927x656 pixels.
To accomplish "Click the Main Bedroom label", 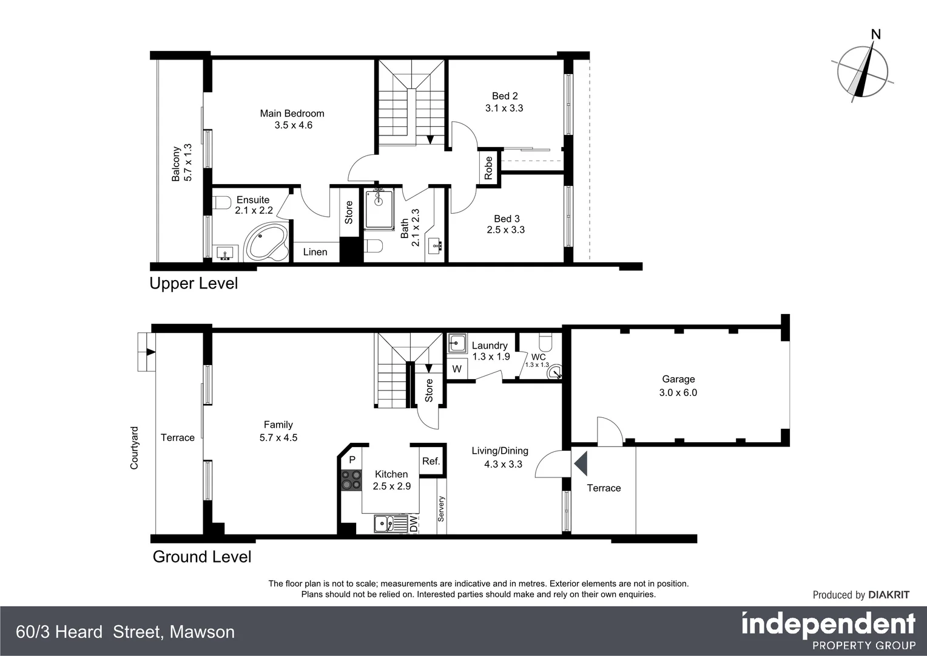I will (x=292, y=114).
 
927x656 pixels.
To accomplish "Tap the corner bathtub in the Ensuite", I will (x=266, y=243).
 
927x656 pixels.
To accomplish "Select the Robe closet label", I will (x=488, y=168).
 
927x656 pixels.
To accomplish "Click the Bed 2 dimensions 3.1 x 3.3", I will (x=504, y=108).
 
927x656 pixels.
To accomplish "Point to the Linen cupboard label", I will (x=315, y=252).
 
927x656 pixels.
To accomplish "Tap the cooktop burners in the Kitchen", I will (x=350, y=480).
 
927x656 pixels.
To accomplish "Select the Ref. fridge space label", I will (x=431, y=461).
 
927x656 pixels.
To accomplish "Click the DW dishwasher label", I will (x=413, y=524).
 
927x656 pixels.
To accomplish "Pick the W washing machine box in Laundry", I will (x=457, y=369).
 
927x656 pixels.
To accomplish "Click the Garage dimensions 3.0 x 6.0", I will (x=678, y=393).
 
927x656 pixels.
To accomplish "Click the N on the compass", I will (x=875, y=35).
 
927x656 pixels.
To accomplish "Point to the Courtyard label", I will (x=135, y=448).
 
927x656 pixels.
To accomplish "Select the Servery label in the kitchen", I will (x=441, y=509).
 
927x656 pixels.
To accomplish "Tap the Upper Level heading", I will (x=194, y=284).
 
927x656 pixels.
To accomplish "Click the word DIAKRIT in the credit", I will (x=889, y=595).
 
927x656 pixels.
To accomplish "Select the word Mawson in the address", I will (x=202, y=632).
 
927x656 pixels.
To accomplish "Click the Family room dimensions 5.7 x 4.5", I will (x=278, y=437).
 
